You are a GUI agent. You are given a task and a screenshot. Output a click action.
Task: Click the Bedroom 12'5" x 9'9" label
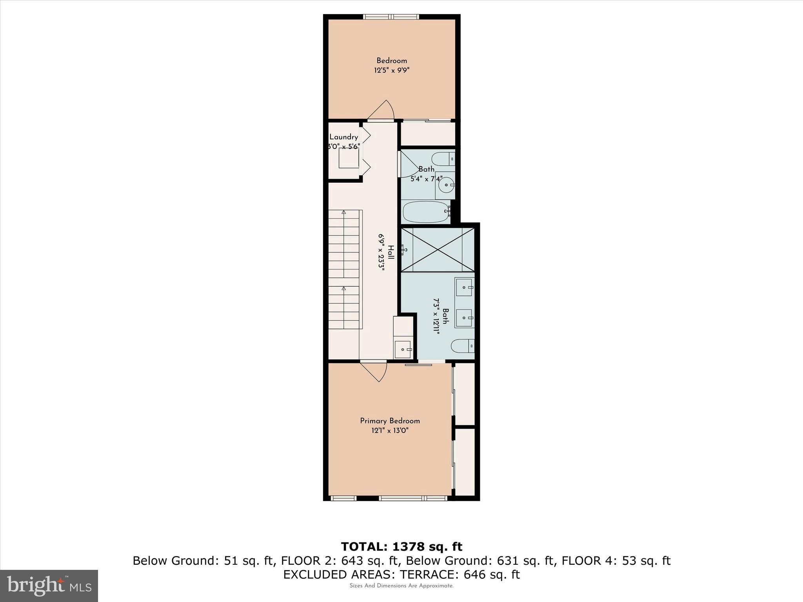[392, 65]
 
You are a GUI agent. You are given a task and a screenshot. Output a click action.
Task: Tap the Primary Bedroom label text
[390, 421]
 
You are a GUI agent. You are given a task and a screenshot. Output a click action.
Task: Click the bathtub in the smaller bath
[426, 212]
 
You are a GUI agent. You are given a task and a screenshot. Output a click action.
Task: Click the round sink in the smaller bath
[446, 185]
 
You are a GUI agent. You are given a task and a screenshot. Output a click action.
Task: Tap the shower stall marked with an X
[438, 249]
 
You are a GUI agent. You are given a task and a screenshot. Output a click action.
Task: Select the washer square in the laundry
[349, 158]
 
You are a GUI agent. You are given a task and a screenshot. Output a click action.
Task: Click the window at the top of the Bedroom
[391, 16]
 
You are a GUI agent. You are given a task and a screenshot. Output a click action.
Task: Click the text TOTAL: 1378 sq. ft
[401, 547]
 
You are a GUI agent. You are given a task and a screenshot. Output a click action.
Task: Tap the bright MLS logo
[49, 586]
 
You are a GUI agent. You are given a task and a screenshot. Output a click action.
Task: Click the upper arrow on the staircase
[344, 212]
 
